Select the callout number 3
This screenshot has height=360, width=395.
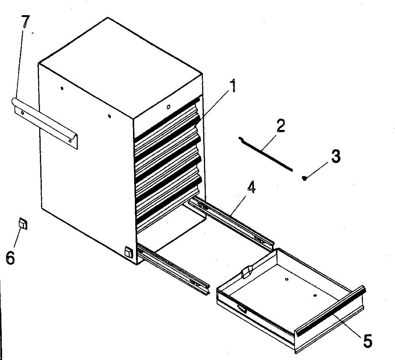tap(335, 156)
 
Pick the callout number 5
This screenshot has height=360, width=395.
tap(367, 340)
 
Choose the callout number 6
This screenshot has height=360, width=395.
tap(10, 257)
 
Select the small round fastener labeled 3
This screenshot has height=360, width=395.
tap(305, 178)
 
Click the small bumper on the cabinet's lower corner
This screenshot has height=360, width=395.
tap(128, 252)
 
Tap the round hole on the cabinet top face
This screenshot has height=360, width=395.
tap(168, 107)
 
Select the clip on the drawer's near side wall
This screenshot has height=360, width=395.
tap(242, 308)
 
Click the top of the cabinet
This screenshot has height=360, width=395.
tap(118, 66)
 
